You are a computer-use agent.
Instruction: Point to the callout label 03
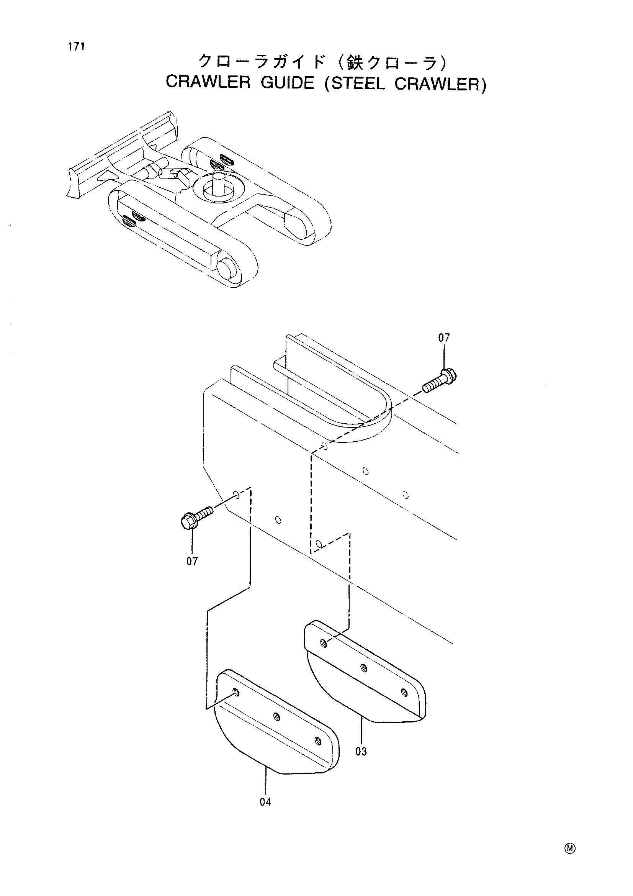(x=361, y=751)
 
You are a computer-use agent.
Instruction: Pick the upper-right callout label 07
(x=444, y=338)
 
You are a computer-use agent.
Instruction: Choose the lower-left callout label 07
(x=192, y=561)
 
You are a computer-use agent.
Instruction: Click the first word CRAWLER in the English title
(x=208, y=83)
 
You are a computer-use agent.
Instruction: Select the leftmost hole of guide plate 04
(x=236, y=693)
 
